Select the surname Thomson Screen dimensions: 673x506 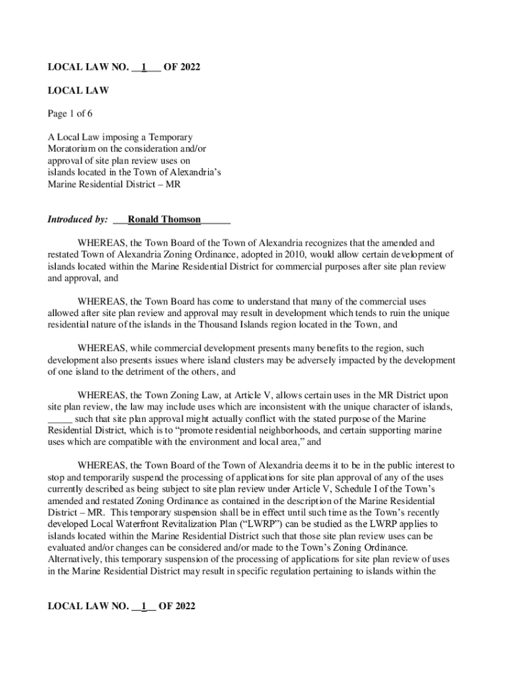tap(181, 220)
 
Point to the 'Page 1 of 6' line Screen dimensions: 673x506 tap(70, 114)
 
